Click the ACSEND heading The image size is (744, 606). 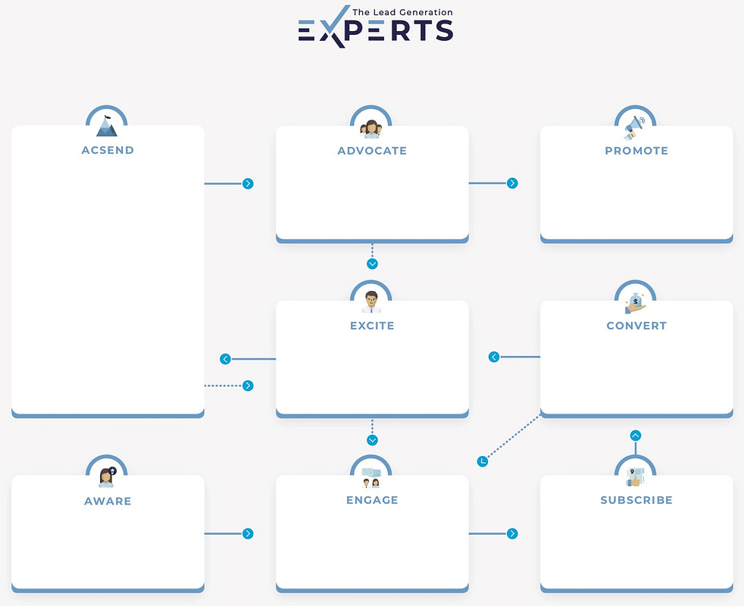(x=108, y=150)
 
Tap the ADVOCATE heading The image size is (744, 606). (x=372, y=151)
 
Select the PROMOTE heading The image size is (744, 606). (x=636, y=151)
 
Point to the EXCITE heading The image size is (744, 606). (x=372, y=326)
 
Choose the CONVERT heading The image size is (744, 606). (x=636, y=326)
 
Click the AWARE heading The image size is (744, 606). (x=108, y=501)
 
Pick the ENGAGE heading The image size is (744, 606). (x=372, y=500)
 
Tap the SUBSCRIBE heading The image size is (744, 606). (x=636, y=500)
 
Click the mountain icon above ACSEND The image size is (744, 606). (x=107, y=126)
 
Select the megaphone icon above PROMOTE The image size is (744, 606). (x=635, y=128)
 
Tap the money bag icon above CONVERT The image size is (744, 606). (x=636, y=303)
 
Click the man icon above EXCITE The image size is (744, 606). (x=371, y=301)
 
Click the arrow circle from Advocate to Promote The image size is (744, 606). (x=512, y=183)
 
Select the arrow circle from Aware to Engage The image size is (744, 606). (x=248, y=533)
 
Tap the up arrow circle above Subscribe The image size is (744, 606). (x=636, y=435)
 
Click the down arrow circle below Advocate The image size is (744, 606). (x=372, y=264)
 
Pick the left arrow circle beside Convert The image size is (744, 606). (x=494, y=357)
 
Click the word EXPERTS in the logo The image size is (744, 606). (x=376, y=31)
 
